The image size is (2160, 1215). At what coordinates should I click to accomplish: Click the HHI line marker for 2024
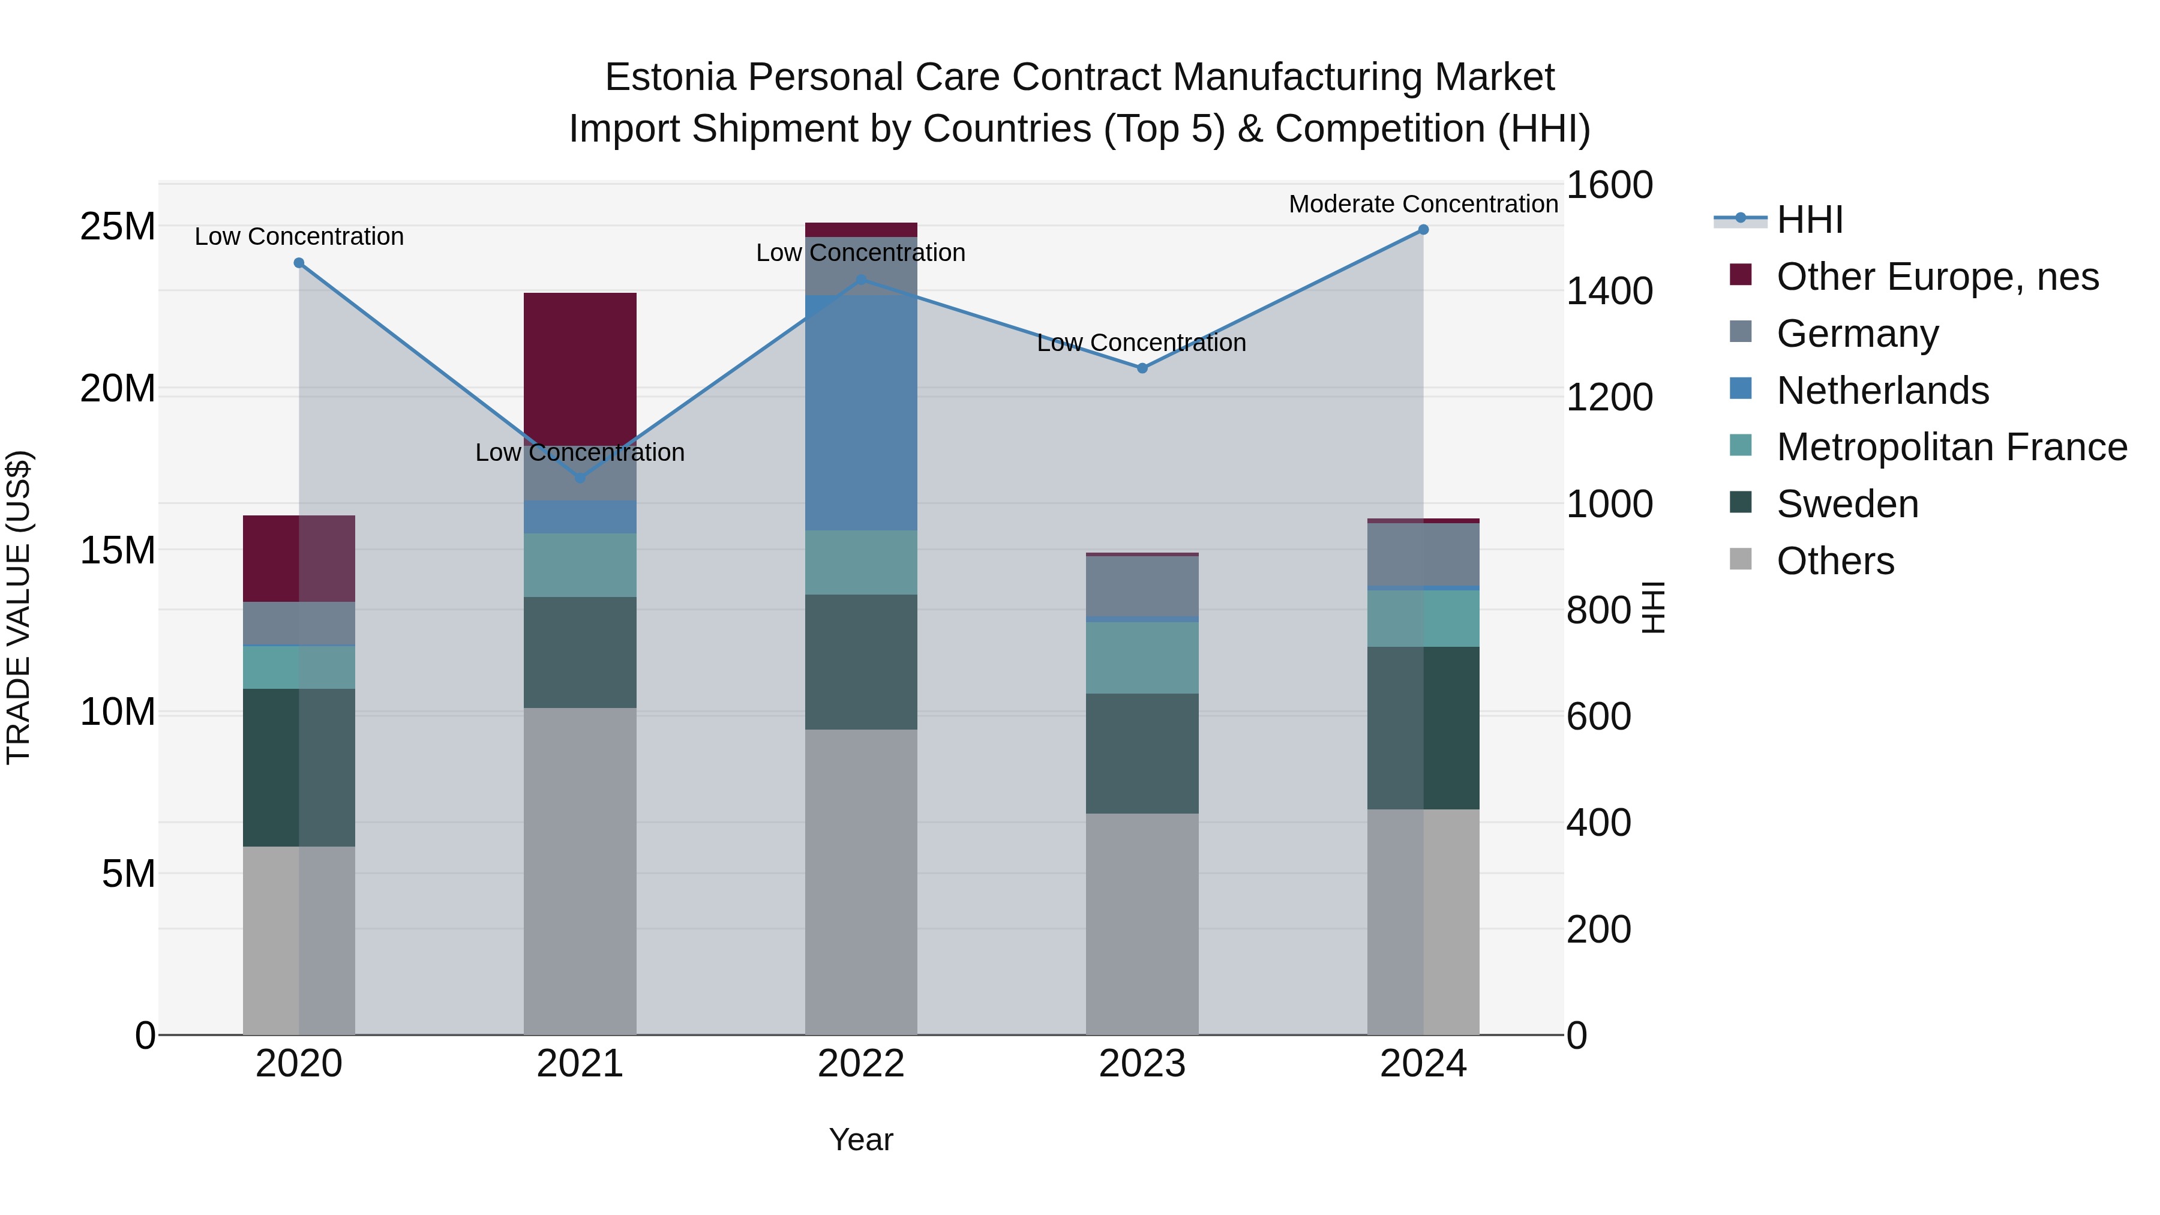point(1423,230)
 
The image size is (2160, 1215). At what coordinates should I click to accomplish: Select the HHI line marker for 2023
point(1142,368)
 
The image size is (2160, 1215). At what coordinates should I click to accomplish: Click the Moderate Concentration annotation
point(1423,204)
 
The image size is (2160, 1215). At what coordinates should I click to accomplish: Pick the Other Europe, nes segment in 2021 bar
point(580,369)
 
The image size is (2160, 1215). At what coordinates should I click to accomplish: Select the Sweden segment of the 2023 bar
point(1142,753)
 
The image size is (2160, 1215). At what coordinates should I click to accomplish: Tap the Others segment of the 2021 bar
point(580,871)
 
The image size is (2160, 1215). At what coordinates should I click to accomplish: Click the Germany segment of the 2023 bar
point(1142,586)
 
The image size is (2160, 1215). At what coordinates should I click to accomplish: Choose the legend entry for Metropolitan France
point(1951,447)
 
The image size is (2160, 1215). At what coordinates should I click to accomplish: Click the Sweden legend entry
point(1847,504)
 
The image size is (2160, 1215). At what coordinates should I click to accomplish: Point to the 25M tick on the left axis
point(118,226)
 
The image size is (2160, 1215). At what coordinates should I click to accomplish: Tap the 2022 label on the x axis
point(861,1064)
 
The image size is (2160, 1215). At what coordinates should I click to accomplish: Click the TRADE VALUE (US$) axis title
point(19,607)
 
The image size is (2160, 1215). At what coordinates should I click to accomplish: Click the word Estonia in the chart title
point(670,77)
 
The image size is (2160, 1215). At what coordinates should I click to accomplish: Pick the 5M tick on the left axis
point(128,874)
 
